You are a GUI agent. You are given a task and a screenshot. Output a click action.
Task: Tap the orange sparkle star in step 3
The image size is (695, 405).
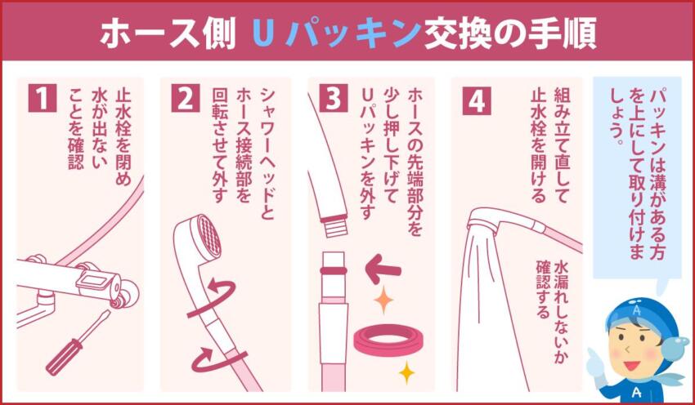pyautogui.click(x=383, y=300)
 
